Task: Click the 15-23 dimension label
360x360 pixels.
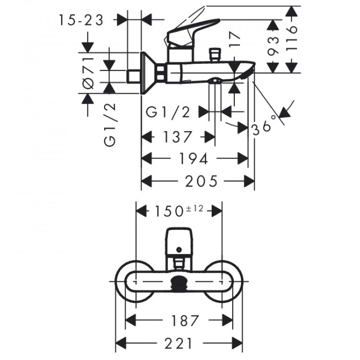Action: click(x=81, y=20)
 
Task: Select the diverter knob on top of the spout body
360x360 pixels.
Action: click(x=214, y=54)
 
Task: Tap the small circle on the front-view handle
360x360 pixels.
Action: click(x=179, y=249)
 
